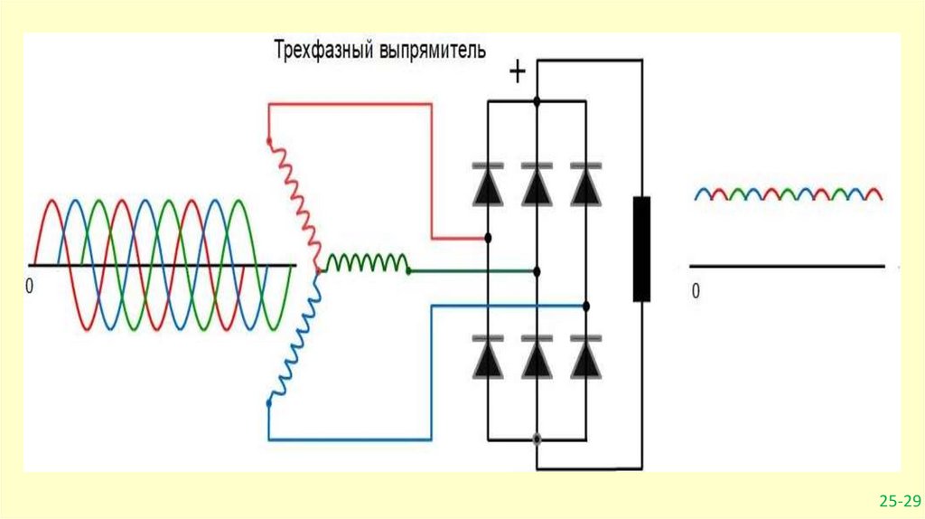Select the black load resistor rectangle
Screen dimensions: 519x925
point(641,248)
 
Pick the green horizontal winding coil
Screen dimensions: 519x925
point(367,263)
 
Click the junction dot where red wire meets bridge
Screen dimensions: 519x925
point(489,239)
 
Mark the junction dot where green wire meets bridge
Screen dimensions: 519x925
point(537,270)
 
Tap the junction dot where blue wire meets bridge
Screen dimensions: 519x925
point(586,307)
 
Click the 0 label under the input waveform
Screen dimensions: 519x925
point(29,286)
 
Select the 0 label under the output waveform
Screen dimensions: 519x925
point(696,291)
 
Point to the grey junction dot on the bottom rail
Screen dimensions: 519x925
point(537,439)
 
